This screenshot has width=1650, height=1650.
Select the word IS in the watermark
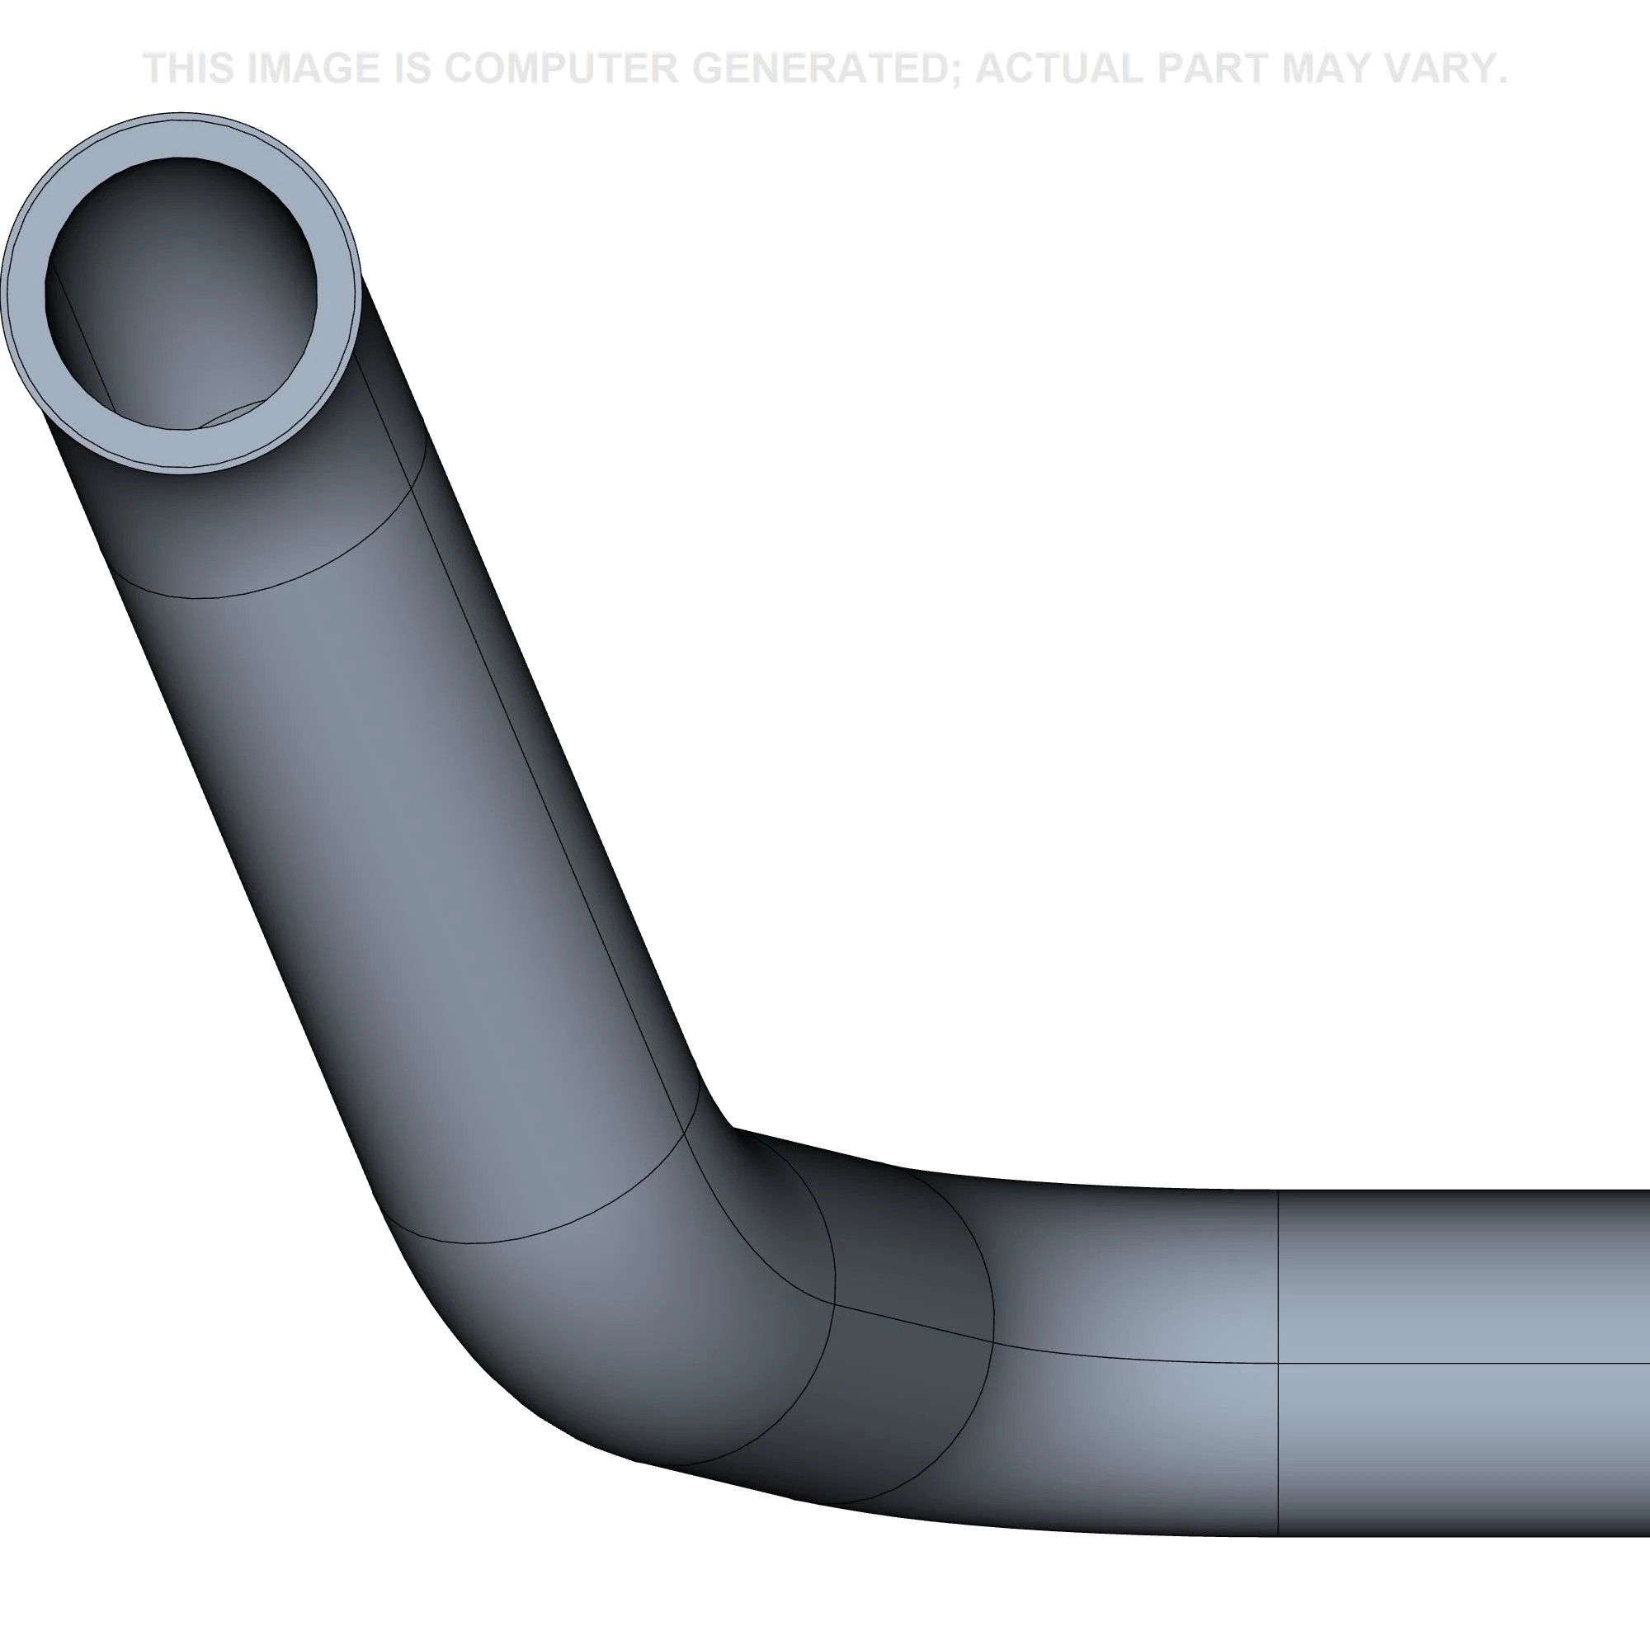pos(413,68)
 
